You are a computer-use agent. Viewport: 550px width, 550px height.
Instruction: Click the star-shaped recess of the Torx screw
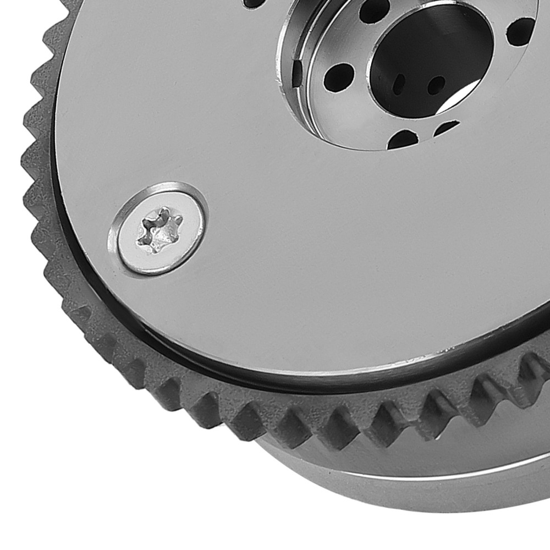pyautogui.click(x=160, y=230)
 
